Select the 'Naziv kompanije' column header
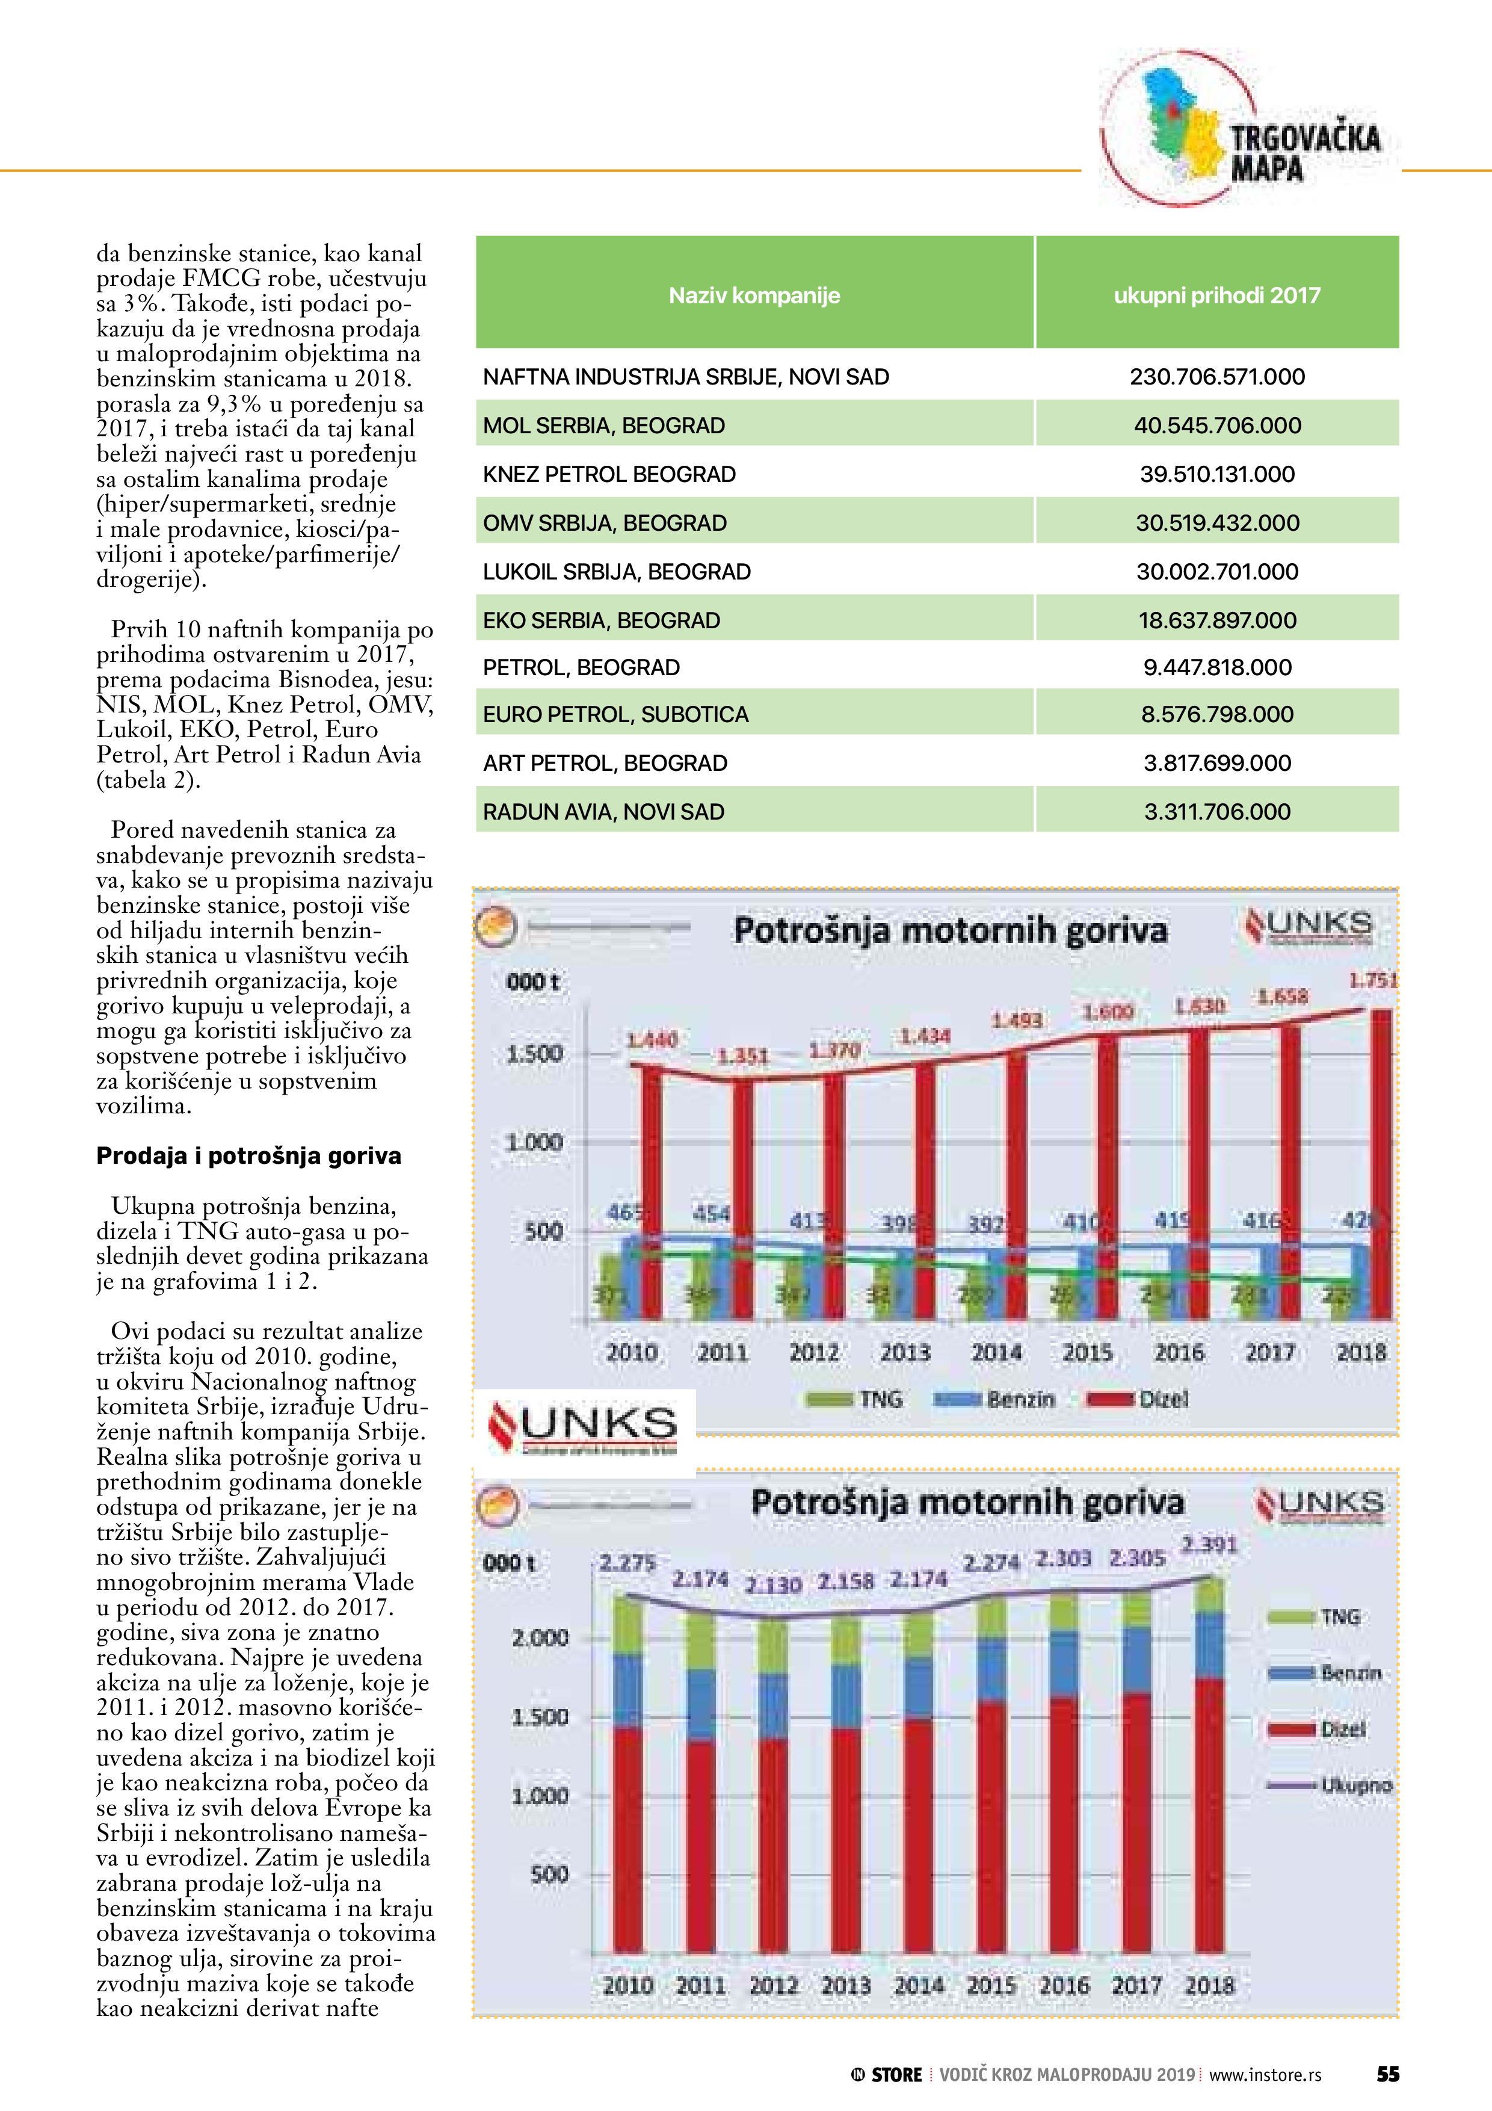pyautogui.click(x=754, y=295)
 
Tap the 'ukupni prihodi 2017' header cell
pyautogui.click(x=1216, y=295)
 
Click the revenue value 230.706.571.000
pyautogui.click(x=1216, y=376)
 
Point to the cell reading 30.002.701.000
pyautogui.click(x=1216, y=572)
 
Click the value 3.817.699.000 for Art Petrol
pyautogui.click(x=1216, y=763)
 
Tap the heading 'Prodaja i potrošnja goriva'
pyautogui.click(x=248, y=1156)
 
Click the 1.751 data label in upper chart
pyautogui.click(x=1372, y=980)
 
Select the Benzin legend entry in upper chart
pyautogui.click(x=994, y=1399)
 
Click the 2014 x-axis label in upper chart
pyautogui.click(x=996, y=1353)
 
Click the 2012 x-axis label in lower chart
pyautogui.click(x=773, y=1985)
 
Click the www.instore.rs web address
pyautogui.click(x=1265, y=2074)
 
